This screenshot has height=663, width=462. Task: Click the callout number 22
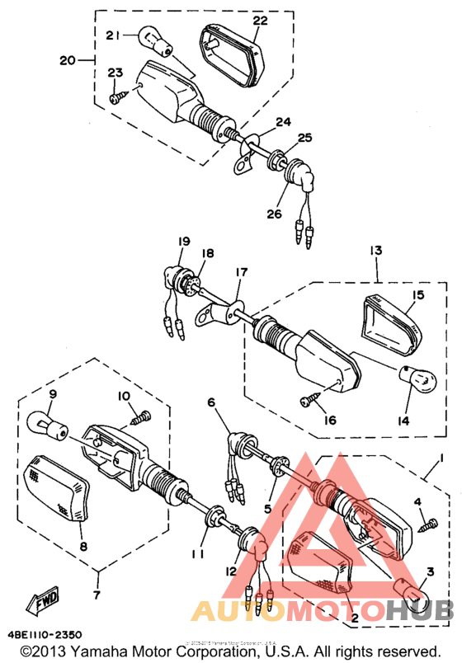260,20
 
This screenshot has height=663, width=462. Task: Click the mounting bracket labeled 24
243,153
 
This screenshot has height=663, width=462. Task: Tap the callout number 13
376,249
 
